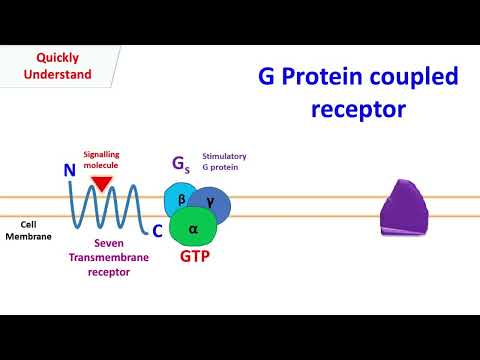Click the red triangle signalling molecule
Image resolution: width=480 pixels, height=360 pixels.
101,183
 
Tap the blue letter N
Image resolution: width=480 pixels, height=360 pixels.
69,171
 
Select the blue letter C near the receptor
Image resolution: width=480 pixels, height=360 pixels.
157,231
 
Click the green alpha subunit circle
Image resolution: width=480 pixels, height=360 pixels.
194,229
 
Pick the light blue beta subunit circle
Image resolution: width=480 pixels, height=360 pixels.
181,200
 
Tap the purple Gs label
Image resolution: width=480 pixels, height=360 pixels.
183,165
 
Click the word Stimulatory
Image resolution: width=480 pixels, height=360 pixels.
224,157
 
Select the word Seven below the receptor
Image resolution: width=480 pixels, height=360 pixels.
110,242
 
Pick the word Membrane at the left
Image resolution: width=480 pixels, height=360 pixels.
26,237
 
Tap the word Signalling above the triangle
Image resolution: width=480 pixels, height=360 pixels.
102,155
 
